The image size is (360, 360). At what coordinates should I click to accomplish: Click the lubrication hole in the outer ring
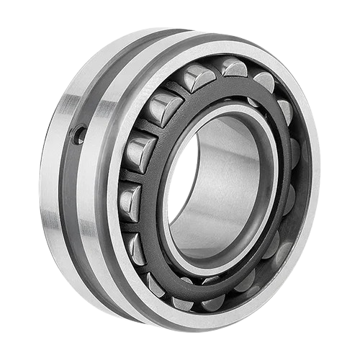click(80, 134)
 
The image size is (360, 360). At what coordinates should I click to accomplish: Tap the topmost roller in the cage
click(233, 68)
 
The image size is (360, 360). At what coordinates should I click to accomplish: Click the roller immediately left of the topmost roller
click(197, 76)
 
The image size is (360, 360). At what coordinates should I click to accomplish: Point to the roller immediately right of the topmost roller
click(264, 81)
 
